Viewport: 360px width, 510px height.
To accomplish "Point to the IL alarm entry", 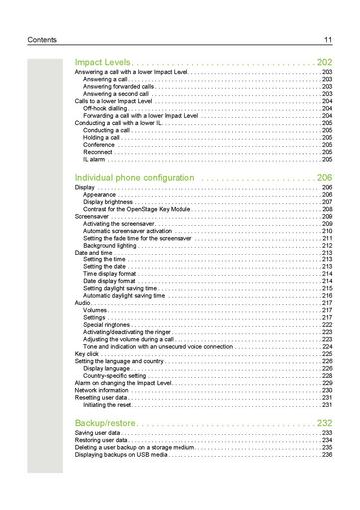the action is pyautogui.click(x=95, y=159).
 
